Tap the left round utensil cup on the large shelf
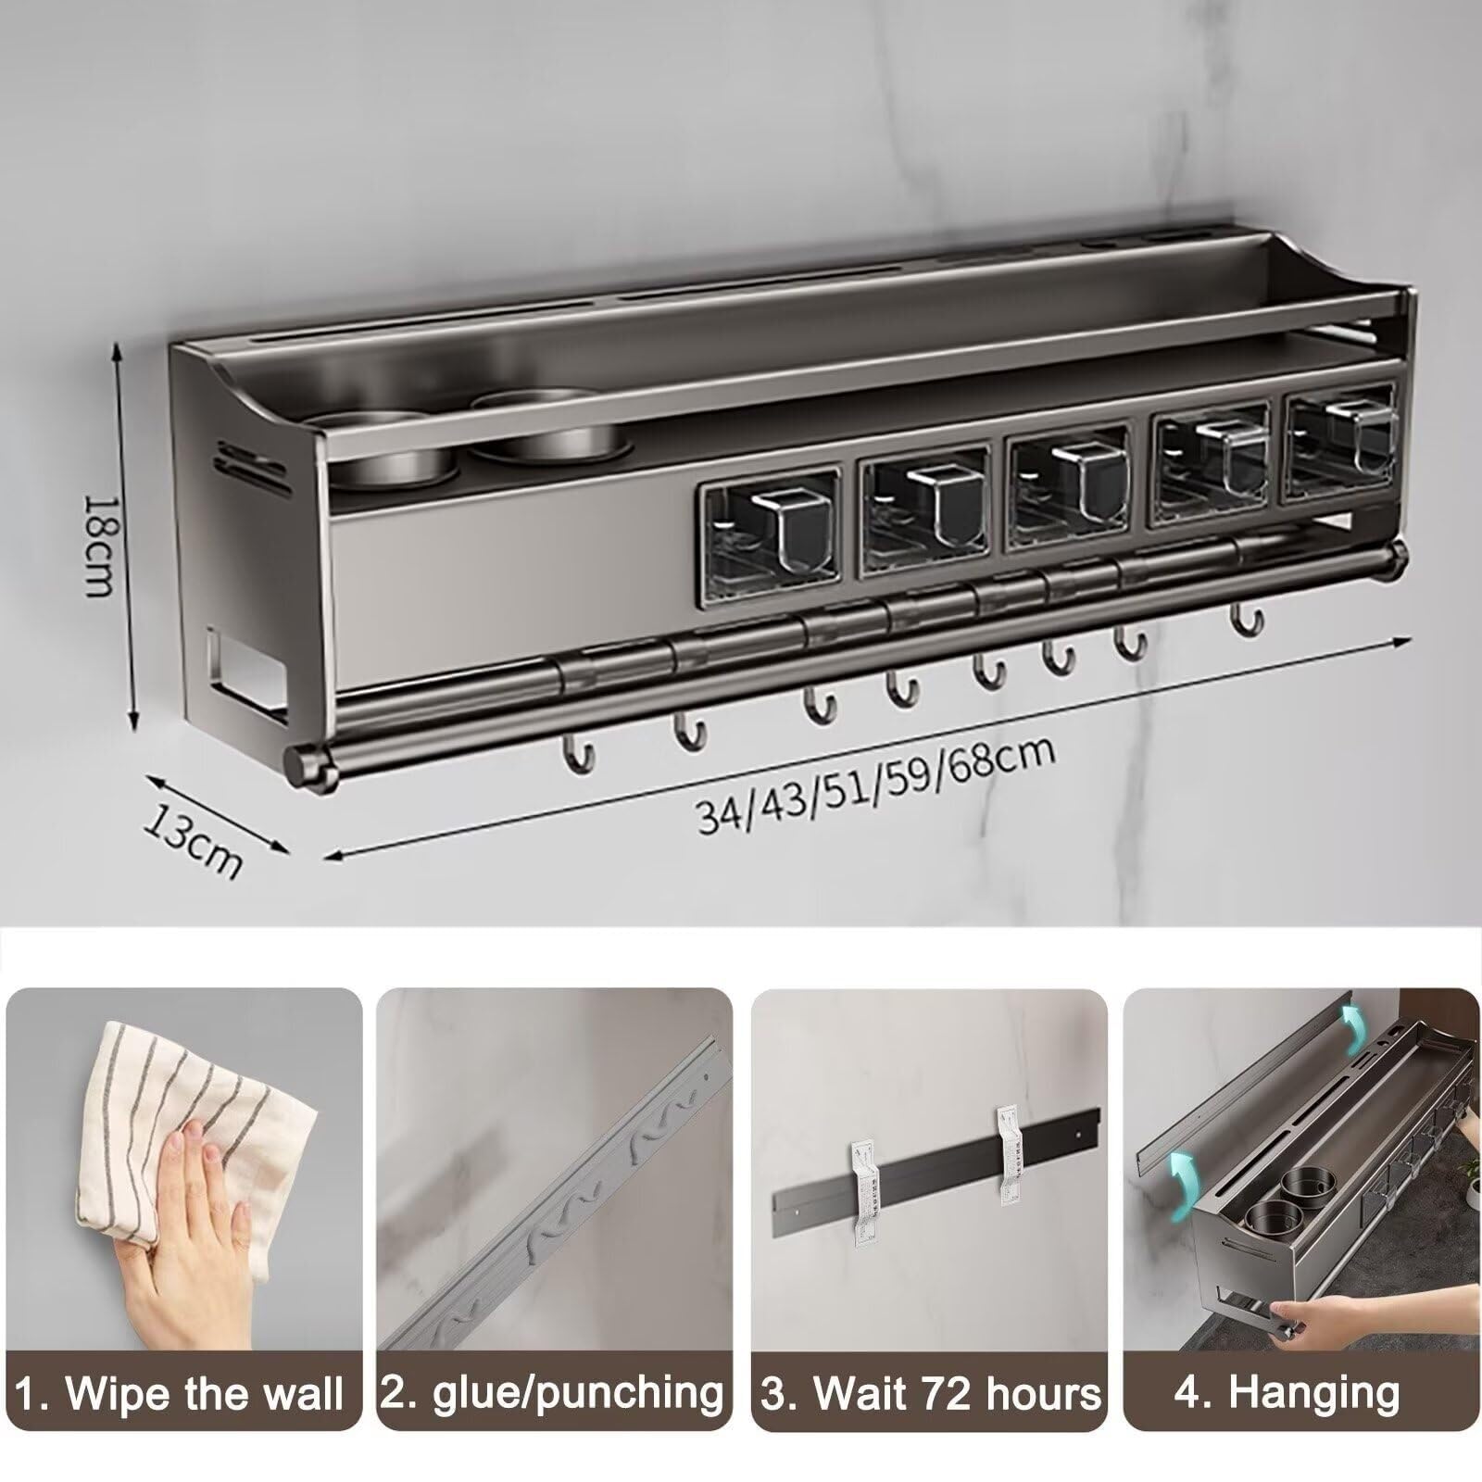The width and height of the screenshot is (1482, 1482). coord(380,450)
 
